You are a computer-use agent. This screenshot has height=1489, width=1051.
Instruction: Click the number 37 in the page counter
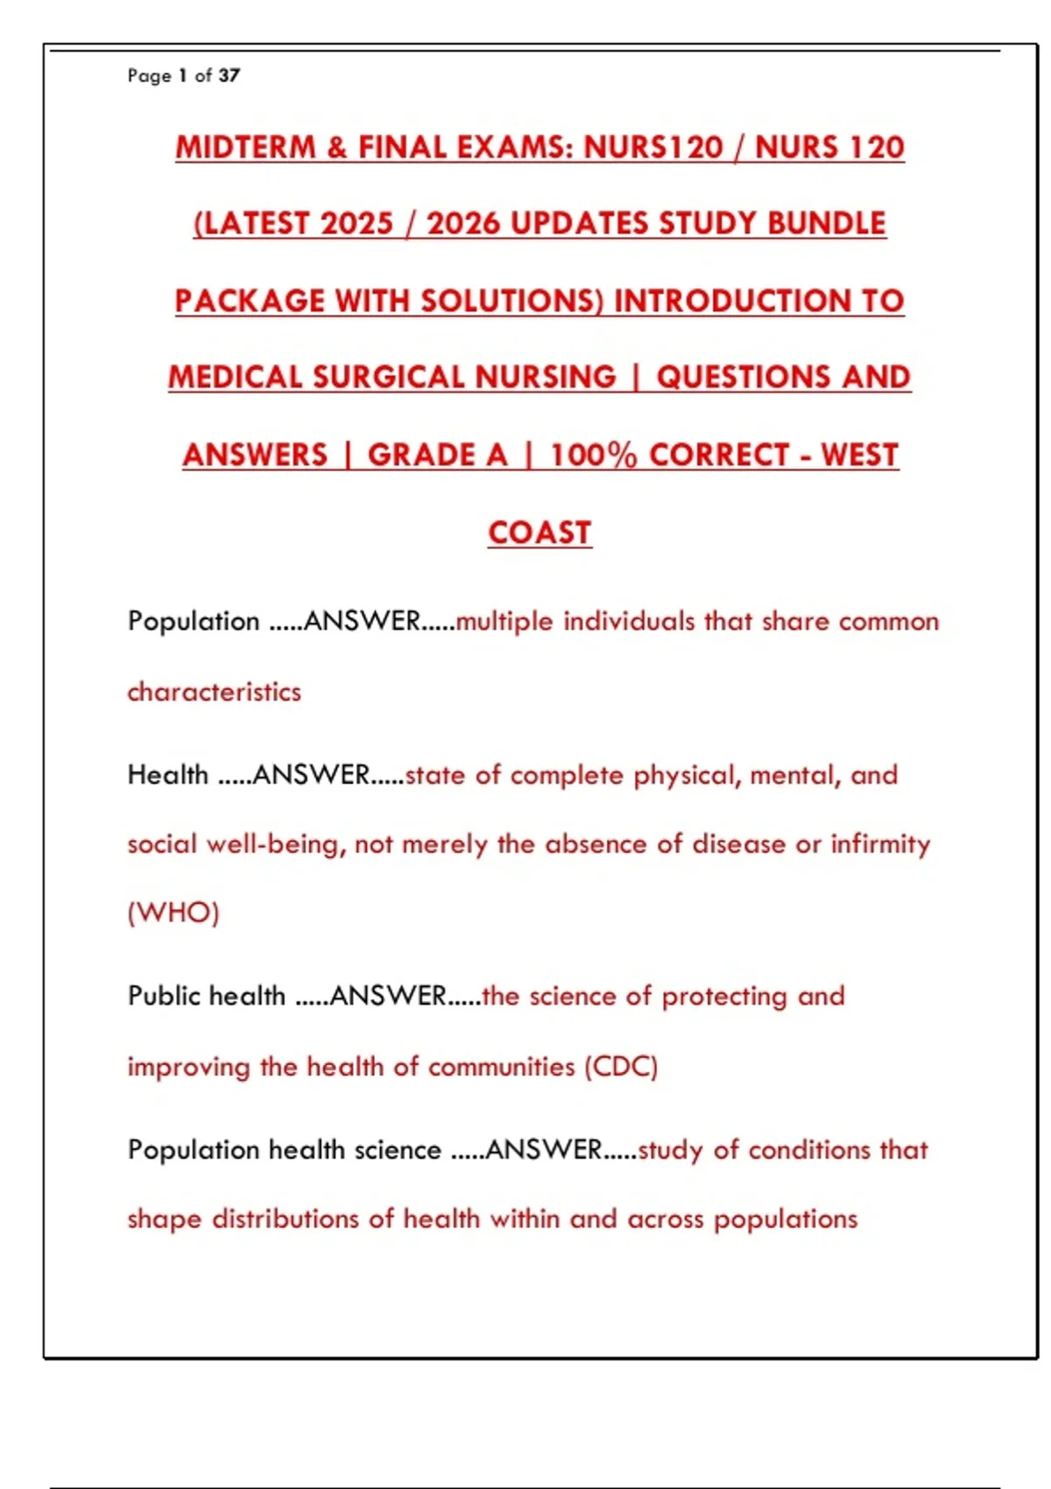[229, 75]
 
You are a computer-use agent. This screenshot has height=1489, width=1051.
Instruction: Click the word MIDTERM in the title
[245, 147]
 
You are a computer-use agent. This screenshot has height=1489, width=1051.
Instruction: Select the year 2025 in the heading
[356, 223]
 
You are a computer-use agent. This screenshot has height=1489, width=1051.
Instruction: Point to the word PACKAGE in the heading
[250, 300]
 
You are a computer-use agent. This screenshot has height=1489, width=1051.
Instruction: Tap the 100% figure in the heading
[593, 455]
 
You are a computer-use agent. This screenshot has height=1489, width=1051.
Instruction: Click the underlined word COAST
[540, 533]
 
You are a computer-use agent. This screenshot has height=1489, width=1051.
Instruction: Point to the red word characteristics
[214, 692]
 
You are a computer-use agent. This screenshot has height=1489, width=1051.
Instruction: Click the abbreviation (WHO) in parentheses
[173, 913]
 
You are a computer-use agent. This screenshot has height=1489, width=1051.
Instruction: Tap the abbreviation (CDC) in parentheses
[621, 1067]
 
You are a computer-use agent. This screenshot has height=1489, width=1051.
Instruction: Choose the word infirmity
[880, 844]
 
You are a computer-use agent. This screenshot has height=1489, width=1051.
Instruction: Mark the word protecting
[724, 997]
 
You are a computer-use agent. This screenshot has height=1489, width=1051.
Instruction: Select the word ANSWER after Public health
[388, 996]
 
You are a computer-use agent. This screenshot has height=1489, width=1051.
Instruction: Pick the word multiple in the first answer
[504, 622]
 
